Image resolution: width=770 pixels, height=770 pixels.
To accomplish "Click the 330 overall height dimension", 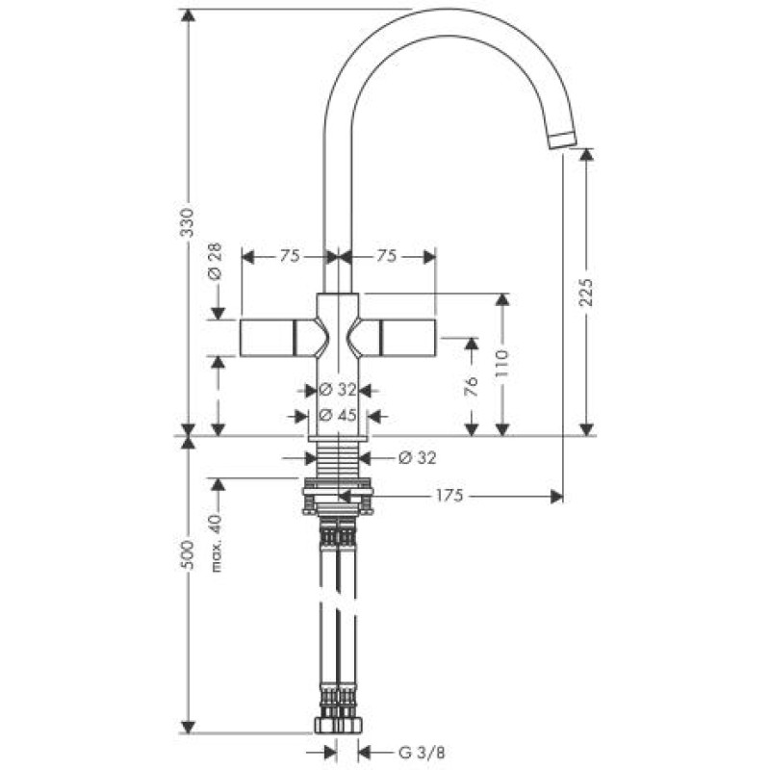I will point(189,222).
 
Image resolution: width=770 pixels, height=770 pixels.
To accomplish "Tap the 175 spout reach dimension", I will point(450,496).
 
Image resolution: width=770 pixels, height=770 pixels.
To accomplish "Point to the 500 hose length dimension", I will point(189,554).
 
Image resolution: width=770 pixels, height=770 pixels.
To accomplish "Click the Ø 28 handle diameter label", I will point(216,260).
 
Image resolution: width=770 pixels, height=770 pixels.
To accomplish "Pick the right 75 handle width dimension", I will point(387,256).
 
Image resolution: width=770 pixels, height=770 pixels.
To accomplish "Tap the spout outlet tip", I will point(562,140).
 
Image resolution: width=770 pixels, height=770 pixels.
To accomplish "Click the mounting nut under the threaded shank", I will point(337,497).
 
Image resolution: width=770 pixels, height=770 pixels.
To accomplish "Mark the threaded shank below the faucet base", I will point(337,460).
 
